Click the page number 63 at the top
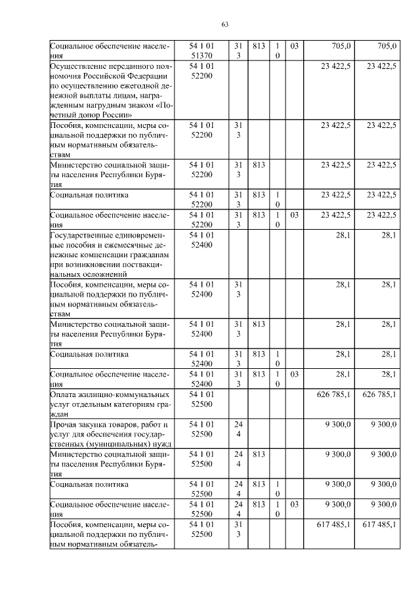(x=224, y=25)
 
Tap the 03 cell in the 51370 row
(x=294, y=46)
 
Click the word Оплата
(x=64, y=394)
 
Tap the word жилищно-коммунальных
(x=125, y=394)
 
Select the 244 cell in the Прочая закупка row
(x=238, y=429)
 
